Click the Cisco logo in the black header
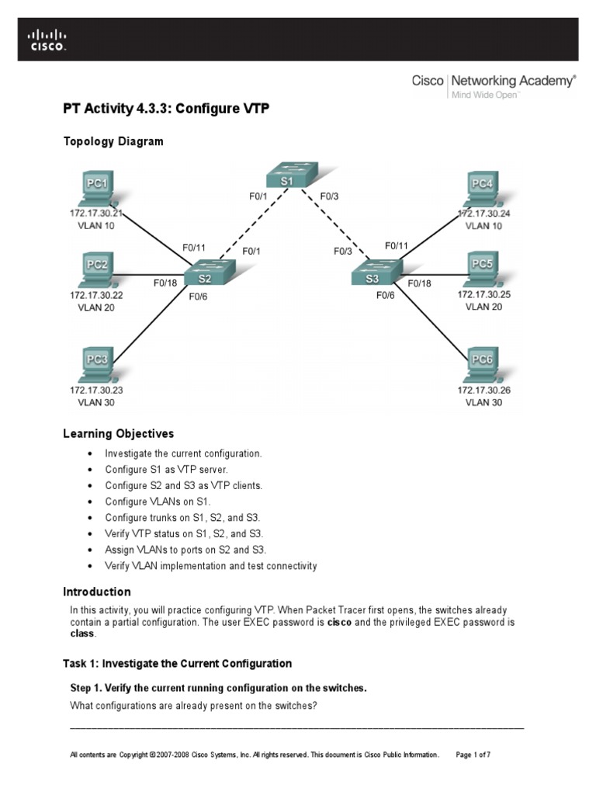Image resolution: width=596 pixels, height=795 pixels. coord(47,40)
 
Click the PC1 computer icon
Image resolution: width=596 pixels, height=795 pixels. coord(96,187)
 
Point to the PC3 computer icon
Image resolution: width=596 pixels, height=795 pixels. coord(96,363)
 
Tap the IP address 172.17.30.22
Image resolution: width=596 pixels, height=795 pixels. coord(96,295)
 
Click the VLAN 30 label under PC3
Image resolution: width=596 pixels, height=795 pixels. coord(96,403)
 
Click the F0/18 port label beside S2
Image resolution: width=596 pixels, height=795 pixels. coord(165,283)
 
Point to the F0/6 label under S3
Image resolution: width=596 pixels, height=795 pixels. coord(386,296)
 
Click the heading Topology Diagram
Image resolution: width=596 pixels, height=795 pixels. coord(113,141)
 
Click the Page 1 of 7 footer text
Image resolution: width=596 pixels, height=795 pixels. coord(473,755)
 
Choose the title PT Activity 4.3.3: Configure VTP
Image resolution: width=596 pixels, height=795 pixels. coord(165,109)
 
